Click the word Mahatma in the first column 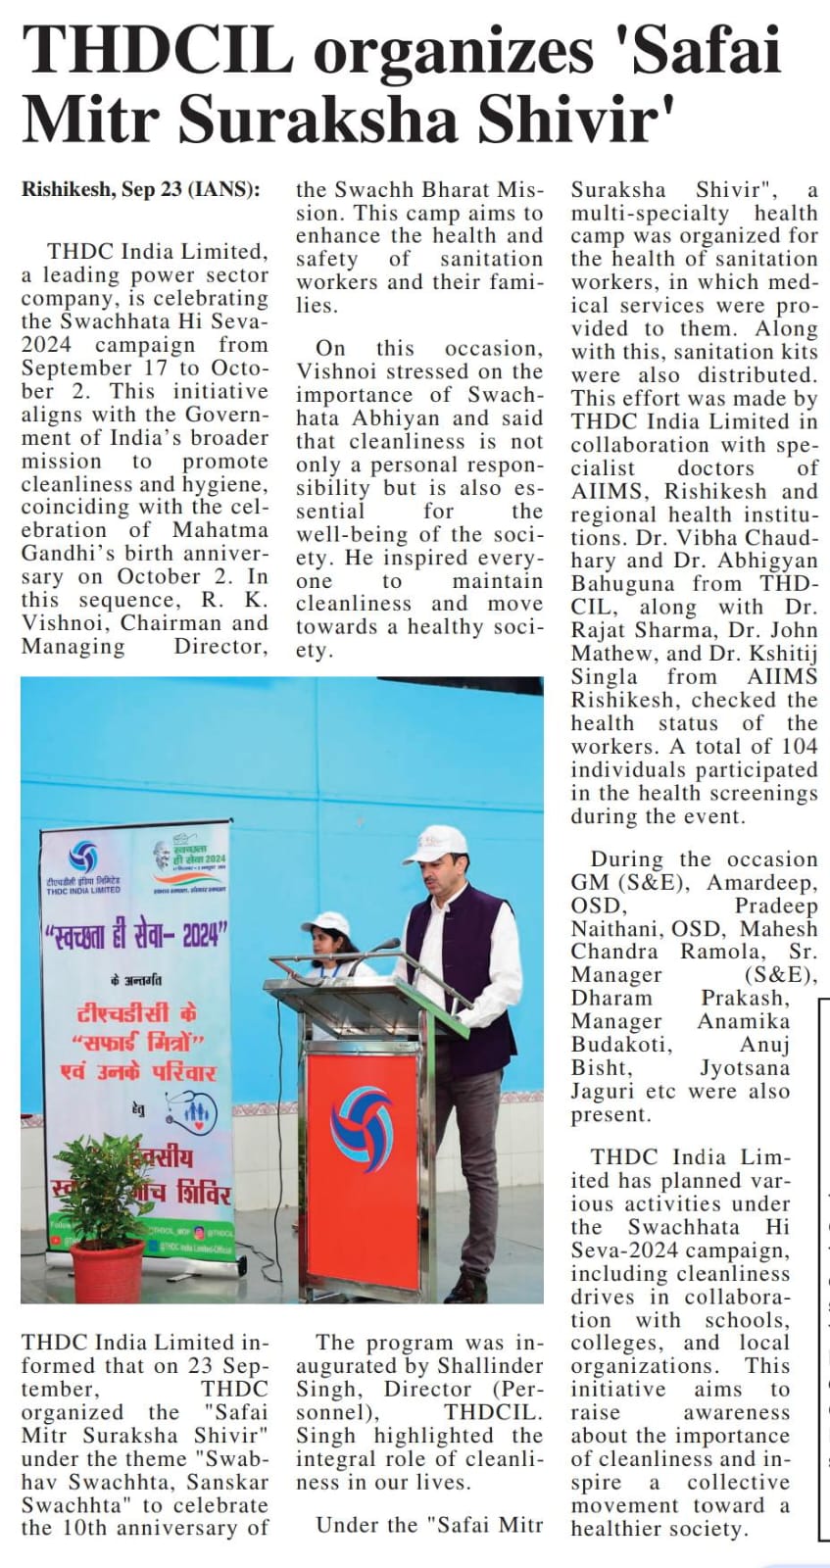[x=220, y=530]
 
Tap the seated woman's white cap [x=326, y=922]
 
